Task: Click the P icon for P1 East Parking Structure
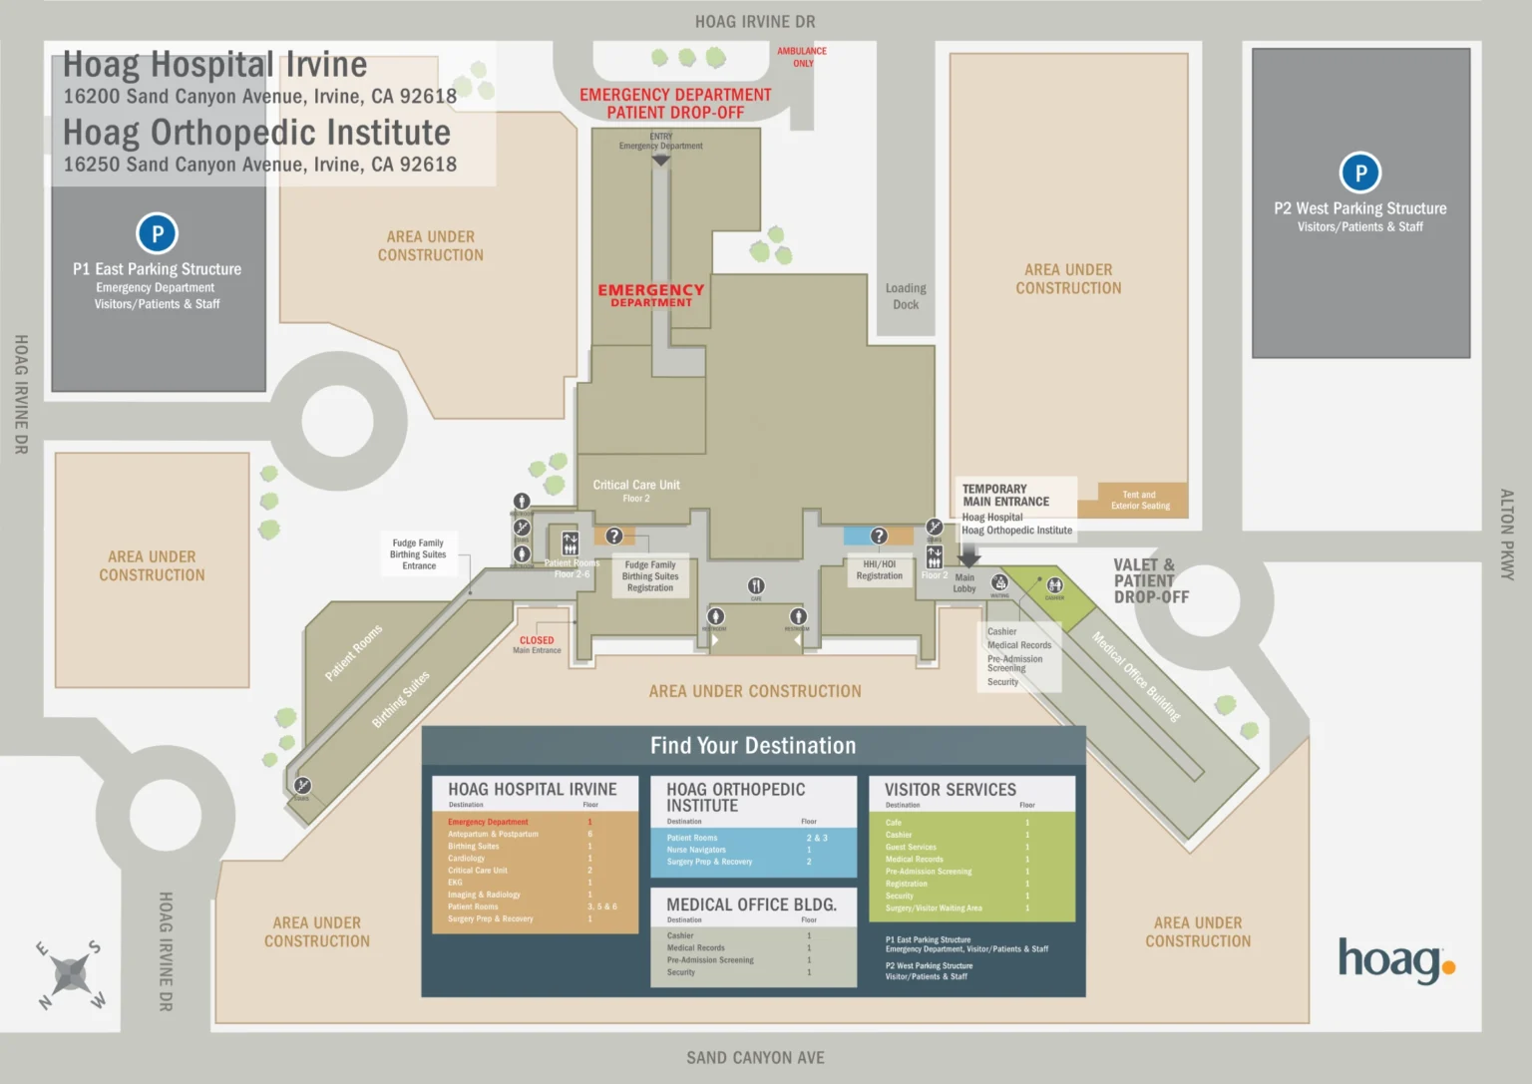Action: [x=157, y=234]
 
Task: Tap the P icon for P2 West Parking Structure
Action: [x=1359, y=173]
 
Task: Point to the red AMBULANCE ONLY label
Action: [x=802, y=57]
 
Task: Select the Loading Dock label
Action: [x=906, y=296]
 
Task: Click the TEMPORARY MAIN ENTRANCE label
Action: [x=1005, y=496]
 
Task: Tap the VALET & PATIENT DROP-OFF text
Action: [x=1150, y=580]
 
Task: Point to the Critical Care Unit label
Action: [x=636, y=490]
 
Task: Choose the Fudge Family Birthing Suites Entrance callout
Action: [x=418, y=554]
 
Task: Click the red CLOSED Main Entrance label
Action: [x=537, y=644]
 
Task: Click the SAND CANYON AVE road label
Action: [x=755, y=1058]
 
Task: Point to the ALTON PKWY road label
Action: [x=1506, y=535]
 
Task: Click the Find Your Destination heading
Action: [x=753, y=746]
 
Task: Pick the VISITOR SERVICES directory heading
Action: [x=950, y=790]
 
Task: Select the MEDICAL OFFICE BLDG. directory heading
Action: [x=751, y=904]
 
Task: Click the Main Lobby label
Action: [x=964, y=583]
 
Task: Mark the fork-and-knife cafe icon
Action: [x=756, y=585]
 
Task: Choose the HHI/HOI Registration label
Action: [x=879, y=570]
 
